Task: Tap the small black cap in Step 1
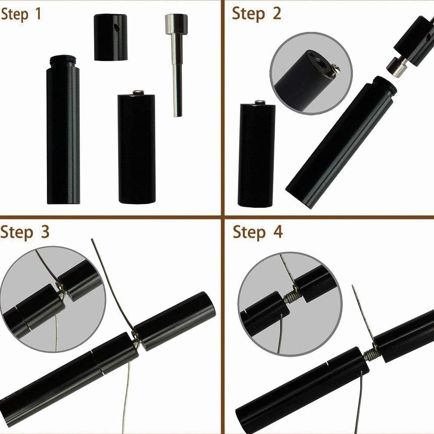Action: tap(110, 38)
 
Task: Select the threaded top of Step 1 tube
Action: tap(63, 61)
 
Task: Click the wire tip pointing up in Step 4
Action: tap(354, 289)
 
